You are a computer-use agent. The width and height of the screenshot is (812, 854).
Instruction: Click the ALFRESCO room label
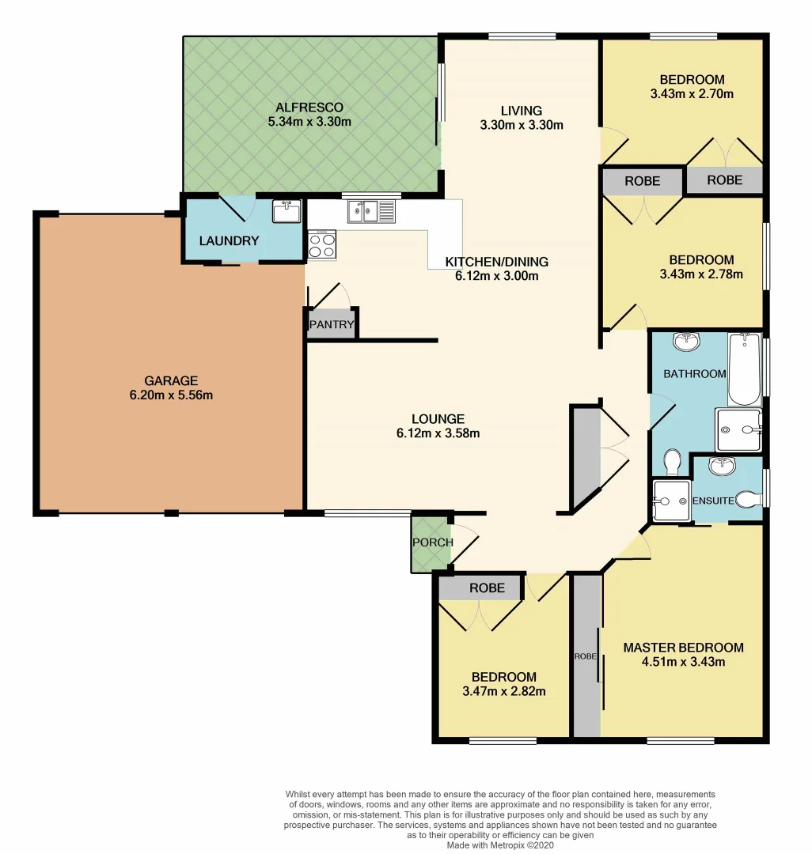point(309,107)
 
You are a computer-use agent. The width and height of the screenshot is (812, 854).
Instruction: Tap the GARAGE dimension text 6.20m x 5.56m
point(171,395)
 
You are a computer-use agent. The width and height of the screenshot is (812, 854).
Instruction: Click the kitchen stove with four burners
point(322,244)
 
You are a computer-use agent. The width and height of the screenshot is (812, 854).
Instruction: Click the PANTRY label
point(332,324)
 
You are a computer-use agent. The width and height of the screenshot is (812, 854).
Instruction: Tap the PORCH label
point(432,542)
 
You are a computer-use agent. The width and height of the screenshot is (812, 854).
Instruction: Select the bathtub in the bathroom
point(744,369)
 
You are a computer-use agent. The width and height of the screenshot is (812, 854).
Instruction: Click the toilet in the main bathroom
point(673,459)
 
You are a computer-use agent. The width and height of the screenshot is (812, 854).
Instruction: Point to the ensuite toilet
point(748,499)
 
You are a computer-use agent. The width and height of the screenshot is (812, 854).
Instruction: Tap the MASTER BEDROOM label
point(683,648)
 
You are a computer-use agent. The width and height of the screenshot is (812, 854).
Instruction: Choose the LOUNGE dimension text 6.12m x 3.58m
point(438,433)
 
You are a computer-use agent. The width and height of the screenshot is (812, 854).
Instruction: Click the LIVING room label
point(521,111)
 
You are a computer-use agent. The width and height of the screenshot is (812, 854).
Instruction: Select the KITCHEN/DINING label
point(496,262)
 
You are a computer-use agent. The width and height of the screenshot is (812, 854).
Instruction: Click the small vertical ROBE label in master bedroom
point(586,657)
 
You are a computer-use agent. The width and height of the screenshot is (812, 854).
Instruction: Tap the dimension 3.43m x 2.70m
point(692,94)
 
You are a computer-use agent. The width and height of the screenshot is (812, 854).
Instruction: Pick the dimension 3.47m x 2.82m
point(503,691)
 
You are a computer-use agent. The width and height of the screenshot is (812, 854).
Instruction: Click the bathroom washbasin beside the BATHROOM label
point(685,342)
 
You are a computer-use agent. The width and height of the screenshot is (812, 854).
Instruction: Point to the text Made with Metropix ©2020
point(501,845)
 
